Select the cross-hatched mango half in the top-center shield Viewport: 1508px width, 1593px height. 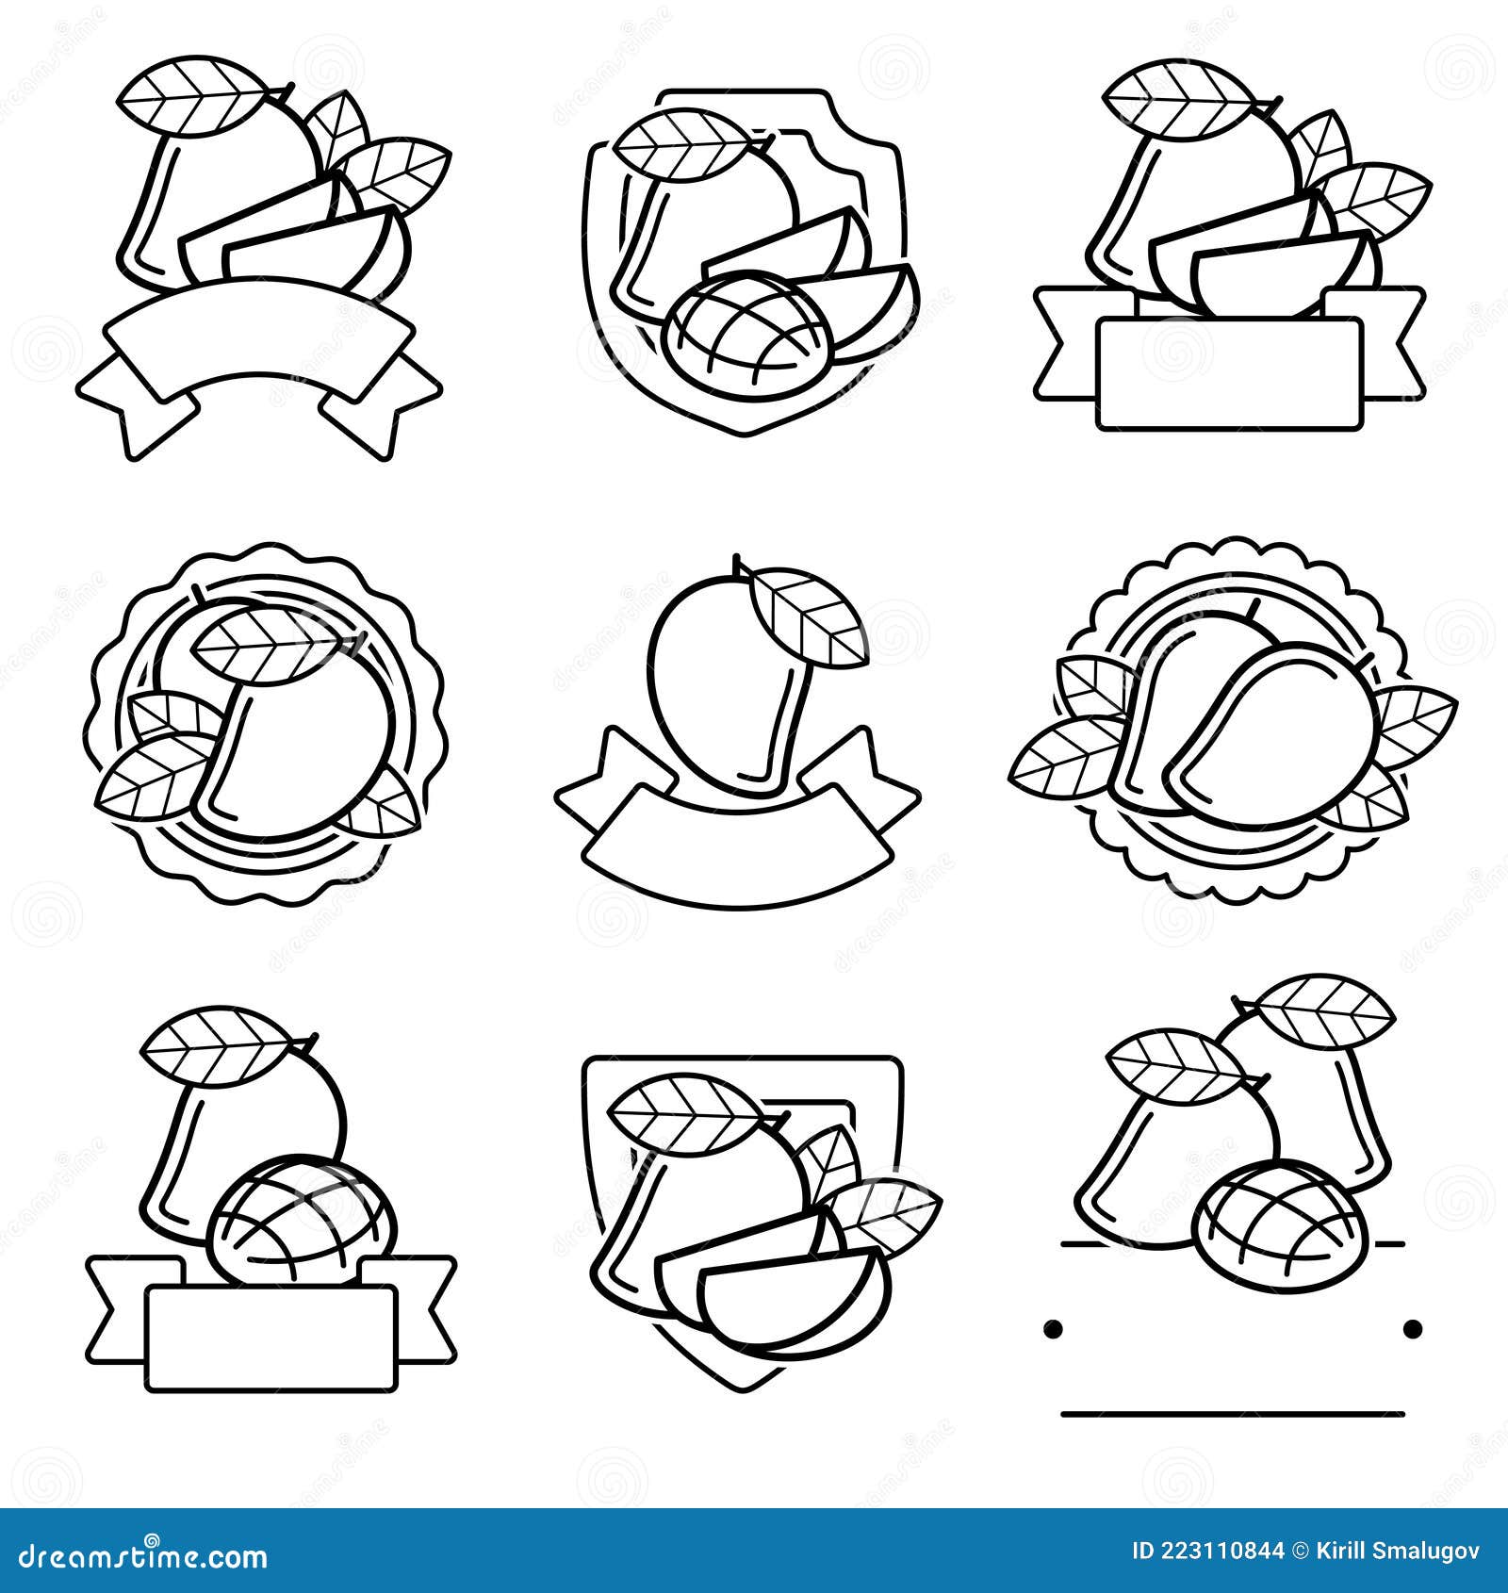click(747, 325)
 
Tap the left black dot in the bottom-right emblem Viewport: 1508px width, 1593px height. click(1053, 1329)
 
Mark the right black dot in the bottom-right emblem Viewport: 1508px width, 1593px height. click(1412, 1329)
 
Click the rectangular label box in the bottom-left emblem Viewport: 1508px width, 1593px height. click(271, 1338)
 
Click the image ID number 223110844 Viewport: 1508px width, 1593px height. click(1222, 1552)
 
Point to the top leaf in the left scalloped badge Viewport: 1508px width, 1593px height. click(267, 643)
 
